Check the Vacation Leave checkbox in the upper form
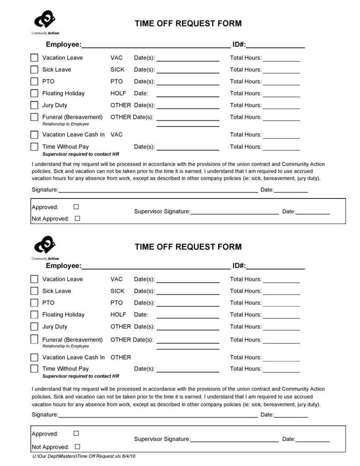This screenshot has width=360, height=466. pyautogui.click(x=34, y=58)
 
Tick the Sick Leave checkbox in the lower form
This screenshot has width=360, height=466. pyautogui.click(x=34, y=291)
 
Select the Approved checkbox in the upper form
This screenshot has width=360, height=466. pyautogui.click(x=76, y=207)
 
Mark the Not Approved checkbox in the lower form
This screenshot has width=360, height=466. pyautogui.click(x=77, y=446)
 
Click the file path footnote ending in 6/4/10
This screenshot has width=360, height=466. pyautogui.click(x=84, y=456)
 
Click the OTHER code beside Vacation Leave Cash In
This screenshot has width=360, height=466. pyautogui.click(x=120, y=357)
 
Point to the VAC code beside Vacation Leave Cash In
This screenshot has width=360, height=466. pyautogui.click(x=116, y=135)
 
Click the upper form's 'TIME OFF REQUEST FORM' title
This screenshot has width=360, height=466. pyautogui.click(x=188, y=24)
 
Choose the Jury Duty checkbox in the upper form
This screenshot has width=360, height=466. pyautogui.click(x=34, y=105)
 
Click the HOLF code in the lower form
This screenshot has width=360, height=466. pyautogui.click(x=118, y=315)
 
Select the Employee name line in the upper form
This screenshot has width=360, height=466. pyautogui.click(x=155, y=47)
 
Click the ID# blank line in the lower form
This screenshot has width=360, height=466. pyautogui.click(x=275, y=269)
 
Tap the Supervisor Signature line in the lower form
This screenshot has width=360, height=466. pyautogui.click(x=234, y=441)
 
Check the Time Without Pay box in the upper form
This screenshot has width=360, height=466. pyautogui.click(x=34, y=147)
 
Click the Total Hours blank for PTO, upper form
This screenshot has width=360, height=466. pyautogui.click(x=281, y=84)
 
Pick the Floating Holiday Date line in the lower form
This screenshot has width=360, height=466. pyautogui.click(x=188, y=317)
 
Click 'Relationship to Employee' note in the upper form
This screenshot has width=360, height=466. pyautogui.click(x=66, y=124)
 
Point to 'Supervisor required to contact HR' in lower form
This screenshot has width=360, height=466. pyautogui.click(x=81, y=376)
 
